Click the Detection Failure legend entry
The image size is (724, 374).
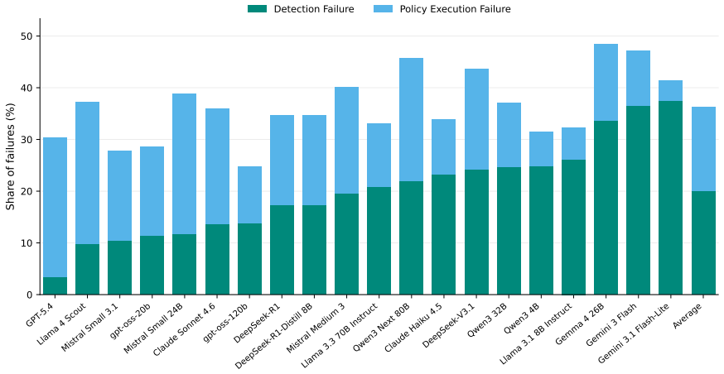coord(301,9)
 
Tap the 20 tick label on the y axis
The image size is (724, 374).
coord(29,191)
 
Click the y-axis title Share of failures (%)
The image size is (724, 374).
coord(10,156)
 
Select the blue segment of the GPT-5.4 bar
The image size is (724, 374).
coord(55,208)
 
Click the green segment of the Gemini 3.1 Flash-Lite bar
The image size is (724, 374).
coord(670,198)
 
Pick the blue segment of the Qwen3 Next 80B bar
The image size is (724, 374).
coord(412,120)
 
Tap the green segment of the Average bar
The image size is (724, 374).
coord(703,243)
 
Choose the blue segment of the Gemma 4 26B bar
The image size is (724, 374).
coord(606,83)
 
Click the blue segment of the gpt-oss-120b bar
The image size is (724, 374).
coord(250,195)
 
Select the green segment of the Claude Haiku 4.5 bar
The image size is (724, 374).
coord(444,235)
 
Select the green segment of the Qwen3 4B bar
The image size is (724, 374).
coord(541,231)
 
